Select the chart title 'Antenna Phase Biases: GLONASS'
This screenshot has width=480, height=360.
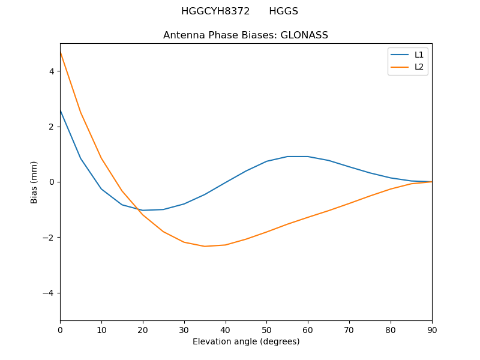245,35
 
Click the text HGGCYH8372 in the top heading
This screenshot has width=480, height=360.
215,11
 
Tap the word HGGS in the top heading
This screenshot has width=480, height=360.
283,11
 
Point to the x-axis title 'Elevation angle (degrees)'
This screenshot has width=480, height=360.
245,341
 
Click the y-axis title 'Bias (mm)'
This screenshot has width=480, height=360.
34,182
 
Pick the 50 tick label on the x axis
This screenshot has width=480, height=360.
266,329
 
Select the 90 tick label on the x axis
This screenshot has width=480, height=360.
431,329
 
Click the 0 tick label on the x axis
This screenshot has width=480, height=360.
60,329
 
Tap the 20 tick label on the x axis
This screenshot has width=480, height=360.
143,329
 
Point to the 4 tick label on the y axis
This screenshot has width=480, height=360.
52,71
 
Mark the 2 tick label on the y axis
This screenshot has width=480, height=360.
52,127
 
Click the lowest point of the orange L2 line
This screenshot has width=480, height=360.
205,246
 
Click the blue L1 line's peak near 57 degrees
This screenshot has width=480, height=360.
298,157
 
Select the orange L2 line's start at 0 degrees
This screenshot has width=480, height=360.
61,52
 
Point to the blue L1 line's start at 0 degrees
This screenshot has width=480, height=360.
61,110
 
